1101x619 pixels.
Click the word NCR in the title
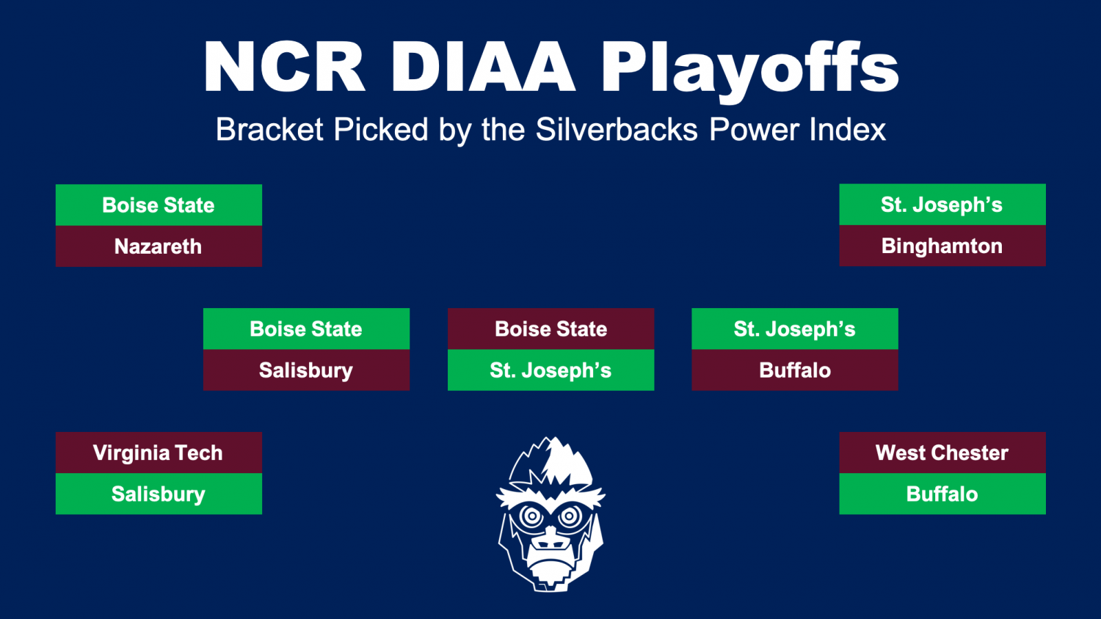click(x=285, y=66)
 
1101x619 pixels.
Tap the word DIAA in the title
click(x=483, y=66)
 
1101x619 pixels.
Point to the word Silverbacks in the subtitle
click(x=617, y=130)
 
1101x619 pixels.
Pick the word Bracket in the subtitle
click(x=269, y=130)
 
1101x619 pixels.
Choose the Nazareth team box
click(x=159, y=246)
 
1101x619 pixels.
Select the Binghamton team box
click(x=942, y=246)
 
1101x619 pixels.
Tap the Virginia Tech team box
click(x=159, y=453)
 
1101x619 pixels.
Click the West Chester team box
click(x=942, y=453)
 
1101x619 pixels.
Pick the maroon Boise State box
click(x=551, y=329)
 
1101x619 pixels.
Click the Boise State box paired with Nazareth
click(x=159, y=205)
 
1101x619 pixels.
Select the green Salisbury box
click(x=159, y=494)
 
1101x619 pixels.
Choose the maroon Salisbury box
click(x=306, y=370)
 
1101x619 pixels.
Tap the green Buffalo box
click(x=942, y=494)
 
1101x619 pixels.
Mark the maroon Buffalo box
click(x=795, y=370)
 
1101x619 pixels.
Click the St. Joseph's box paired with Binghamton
click(x=942, y=205)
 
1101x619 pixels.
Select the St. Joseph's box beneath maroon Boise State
click(x=551, y=370)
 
